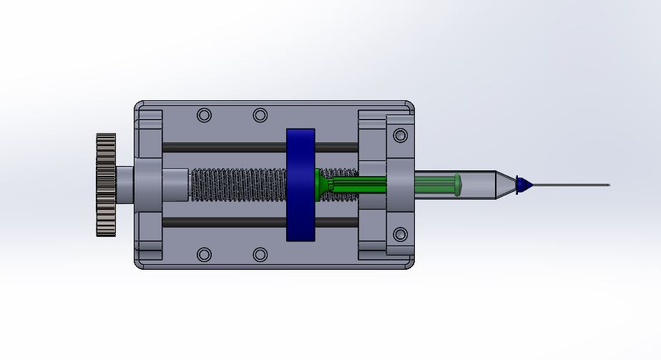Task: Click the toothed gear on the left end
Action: [x=106, y=185]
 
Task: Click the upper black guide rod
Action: [x=222, y=147]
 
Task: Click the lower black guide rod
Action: [x=222, y=223]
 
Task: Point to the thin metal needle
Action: [x=572, y=185]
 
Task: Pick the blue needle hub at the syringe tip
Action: [x=524, y=185]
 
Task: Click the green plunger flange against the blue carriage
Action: [x=318, y=185]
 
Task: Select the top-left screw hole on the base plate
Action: [x=205, y=115]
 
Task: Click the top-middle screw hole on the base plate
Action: [x=260, y=115]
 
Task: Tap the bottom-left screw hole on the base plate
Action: [x=205, y=254]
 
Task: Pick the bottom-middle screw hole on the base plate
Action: [x=260, y=254]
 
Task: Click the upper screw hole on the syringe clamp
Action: [x=401, y=135]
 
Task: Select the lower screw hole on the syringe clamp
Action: [x=401, y=234]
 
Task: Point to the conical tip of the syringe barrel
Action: [x=505, y=185]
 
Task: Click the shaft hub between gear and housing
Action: [x=124, y=185]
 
